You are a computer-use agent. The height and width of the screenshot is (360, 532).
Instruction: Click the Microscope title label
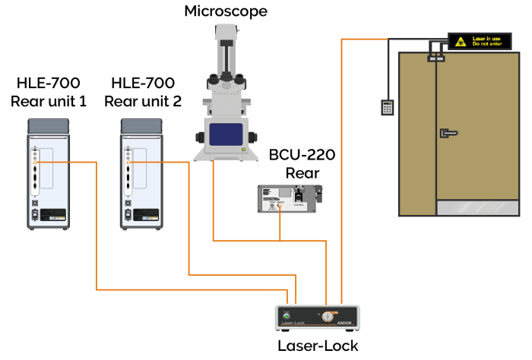point(226,11)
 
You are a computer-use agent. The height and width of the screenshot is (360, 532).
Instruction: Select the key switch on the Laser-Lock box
point(328,316)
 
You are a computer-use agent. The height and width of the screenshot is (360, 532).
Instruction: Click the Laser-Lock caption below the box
point(318,346)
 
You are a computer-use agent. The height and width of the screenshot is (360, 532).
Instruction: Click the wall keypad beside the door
point(388,107)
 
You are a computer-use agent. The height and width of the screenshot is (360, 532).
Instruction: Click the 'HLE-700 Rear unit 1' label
point(48,92)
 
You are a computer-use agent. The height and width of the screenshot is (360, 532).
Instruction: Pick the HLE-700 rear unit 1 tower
point(48,174)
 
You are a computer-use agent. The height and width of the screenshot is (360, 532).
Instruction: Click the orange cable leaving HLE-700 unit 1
point(97,228)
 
